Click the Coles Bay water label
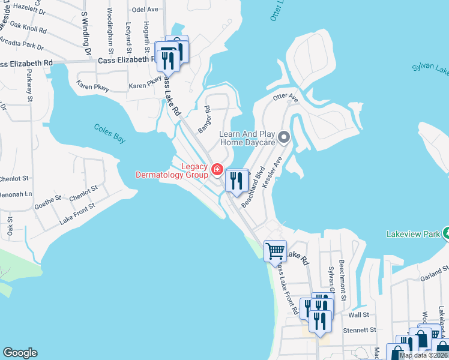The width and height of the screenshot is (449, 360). pos(110,133)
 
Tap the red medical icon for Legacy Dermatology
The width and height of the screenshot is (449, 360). pos(217,170)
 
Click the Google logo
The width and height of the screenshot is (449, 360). pos(20,353)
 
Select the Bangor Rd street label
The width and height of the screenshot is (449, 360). pos(205,120)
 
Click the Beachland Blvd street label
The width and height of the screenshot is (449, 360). pos(253,187)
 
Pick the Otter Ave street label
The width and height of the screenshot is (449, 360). pos(285,97)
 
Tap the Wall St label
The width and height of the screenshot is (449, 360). pos(358,314)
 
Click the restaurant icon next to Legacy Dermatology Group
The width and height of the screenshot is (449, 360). pos(237,180)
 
